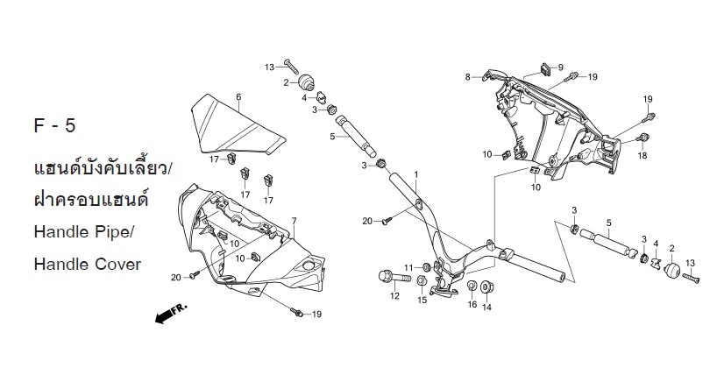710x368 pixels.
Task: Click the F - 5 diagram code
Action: (x=55, y=125)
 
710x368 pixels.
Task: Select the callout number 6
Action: (x=238, y=97)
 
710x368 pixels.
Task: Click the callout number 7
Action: (x=295, y=221)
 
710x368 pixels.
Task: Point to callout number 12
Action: (x=394, y=296)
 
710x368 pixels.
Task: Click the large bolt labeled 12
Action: (x=394, y=276)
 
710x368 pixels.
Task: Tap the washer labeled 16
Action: (x=472, y=286)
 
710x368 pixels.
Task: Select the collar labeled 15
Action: (x=420, y=280)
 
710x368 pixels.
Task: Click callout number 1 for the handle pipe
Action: (x=416, y=174)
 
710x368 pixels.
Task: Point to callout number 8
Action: (x=468, y=77)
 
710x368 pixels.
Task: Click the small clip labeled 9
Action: (x=544, y=68)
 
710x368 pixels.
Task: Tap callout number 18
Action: (x=643, y=156)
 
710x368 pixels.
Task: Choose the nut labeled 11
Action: (x=426, y=266)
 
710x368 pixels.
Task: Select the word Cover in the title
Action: (x=117, y=264)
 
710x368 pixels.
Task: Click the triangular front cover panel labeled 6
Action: (x=237, y=125)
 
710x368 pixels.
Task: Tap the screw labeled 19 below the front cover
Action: (x=297, y=312)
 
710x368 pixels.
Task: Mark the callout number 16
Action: (x=472, y=304)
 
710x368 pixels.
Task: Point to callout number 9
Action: (x=561, y=67)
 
